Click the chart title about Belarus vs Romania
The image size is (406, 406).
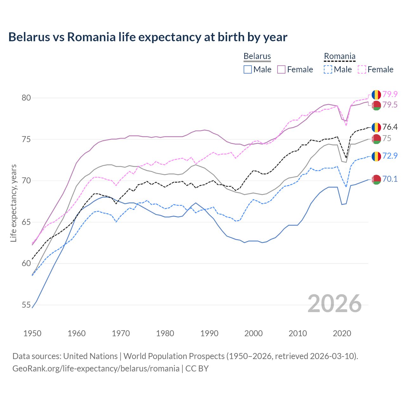pyautogui.click(x=148, y=37)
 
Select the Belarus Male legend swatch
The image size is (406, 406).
pyautogui.click(x=248, y=69)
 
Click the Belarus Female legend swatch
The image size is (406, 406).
pyautogui.click(x=281, y=69)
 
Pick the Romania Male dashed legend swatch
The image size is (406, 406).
pyautogui.click(x=328, y=69)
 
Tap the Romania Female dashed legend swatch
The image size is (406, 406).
pyautogui.click(x=362, y=69)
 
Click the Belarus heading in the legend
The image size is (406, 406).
pyautogui.click(x=257, y=56)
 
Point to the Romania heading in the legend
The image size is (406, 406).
pyautogui.click(x=339, y=56)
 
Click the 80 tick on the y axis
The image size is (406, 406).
pyautogui.click(x=26, y=98)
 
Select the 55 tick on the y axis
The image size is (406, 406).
pyautogui.click(x=26, y=305)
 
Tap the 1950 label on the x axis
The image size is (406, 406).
pyautogui.click(x=32, y=333)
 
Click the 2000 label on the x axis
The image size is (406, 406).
pyautogui.click(x=253, y=333)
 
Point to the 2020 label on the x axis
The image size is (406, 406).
pyautogui.click(x=342, y=333)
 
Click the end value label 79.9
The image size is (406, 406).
pyautogui.click(x=390, y=95)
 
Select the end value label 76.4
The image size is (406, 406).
pyautogui.click(x=390, y=127)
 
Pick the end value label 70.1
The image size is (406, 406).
pyautogui.click(x=390, y=179)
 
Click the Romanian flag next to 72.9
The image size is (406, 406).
pyautogui.click(x=376, y=156)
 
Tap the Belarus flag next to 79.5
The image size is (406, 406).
pyautogui.click(x=376, y=105)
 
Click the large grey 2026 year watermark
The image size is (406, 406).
pyautogui.click(x=335, y=304)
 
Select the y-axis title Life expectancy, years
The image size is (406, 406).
pyautogui.click(x=14, y=203)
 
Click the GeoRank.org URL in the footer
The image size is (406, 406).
pyautogui.click(x=96, y=369)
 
